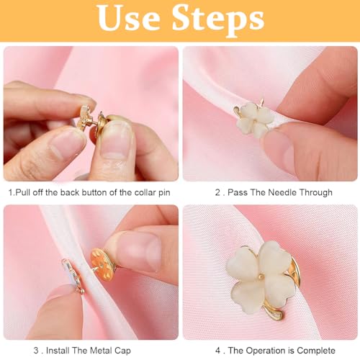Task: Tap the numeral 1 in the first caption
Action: [x=11, y=192]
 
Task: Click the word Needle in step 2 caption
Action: [x=267, y=192]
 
